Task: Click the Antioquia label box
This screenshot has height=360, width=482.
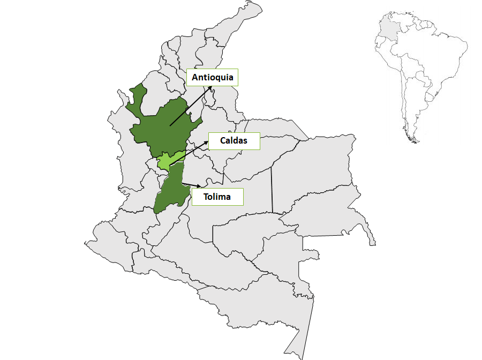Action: click(213, 78)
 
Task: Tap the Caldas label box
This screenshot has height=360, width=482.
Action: click(234, 141)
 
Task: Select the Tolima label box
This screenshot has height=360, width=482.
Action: click(217, 197)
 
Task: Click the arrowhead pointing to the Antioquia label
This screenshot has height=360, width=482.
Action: click(210, 87)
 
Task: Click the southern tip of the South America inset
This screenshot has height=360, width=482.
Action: click(414, 141)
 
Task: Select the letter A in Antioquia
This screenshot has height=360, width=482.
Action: click(195, 78)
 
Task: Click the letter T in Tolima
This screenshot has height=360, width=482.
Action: click(206, 197)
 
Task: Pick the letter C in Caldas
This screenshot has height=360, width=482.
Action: click(223, 141)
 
